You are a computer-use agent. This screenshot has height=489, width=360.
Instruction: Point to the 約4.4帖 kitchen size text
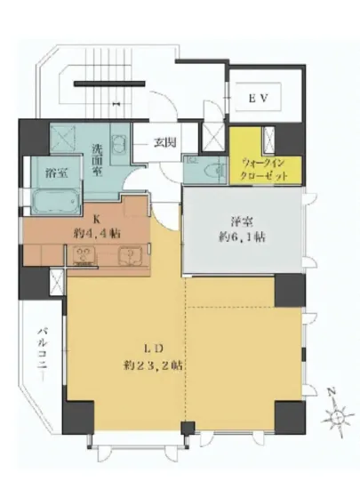point(100,233)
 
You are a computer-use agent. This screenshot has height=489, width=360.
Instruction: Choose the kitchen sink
point(129,258)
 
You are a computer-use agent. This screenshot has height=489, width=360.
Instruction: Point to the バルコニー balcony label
point(41,351)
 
